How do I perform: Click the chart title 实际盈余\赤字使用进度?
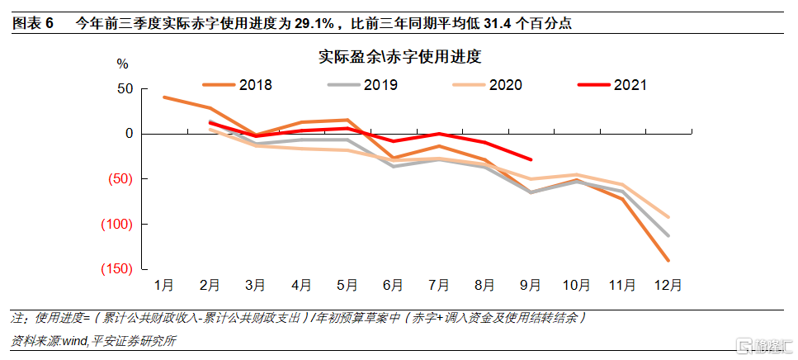[x=400, y=56]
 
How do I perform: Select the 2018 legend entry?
[x=237, y=84]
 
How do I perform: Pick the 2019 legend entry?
[x=361, y=84]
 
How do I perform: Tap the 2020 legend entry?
[x=487, y=84]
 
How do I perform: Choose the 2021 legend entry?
[x=612, y=84]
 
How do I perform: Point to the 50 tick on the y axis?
[x=125, y=89]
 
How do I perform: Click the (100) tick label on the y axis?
[x=116, y=224]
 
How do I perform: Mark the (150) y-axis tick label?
[x=116, y=269]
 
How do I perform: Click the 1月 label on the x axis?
[x=164, y=286]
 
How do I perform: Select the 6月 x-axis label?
[x=393, y=286]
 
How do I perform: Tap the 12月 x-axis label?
[x=668, y=286]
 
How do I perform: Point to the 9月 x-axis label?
[x=531, y=286]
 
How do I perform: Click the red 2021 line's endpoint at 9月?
[x=531, y=159]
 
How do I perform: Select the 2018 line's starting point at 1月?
[x=164, y=97]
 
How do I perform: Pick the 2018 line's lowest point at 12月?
[x=668, y=261]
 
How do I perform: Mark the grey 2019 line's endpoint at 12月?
[x=668, y=236]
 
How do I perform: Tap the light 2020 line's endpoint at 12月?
[x=668, y=217]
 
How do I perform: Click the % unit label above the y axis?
[x=123, y=64]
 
